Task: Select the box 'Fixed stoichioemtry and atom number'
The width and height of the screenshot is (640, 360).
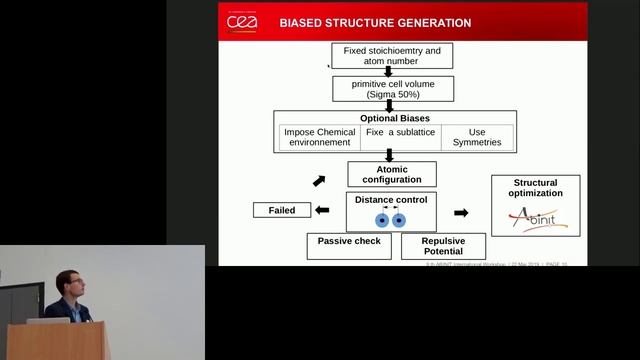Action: click(x=393, y=56)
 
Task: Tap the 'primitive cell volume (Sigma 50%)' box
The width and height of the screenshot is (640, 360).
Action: click(x=393, y=89)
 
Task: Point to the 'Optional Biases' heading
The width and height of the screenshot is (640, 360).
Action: click(x=395, y=118)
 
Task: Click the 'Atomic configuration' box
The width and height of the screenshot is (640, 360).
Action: click(x=393, y=174)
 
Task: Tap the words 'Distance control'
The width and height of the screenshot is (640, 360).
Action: click(x=393, y=199)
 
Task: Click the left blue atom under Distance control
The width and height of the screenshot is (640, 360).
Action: click(x=381, y=220)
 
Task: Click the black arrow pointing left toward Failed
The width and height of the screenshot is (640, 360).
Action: click(x=322, y=210)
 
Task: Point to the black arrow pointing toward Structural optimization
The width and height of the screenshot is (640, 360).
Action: click(x=461, y=213)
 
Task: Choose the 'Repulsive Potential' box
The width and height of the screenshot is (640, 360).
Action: click(x=442, y=246)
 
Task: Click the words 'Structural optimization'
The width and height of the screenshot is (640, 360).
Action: click(x=538, y=188)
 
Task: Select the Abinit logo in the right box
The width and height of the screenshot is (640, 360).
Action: click(x=538, y=219)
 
